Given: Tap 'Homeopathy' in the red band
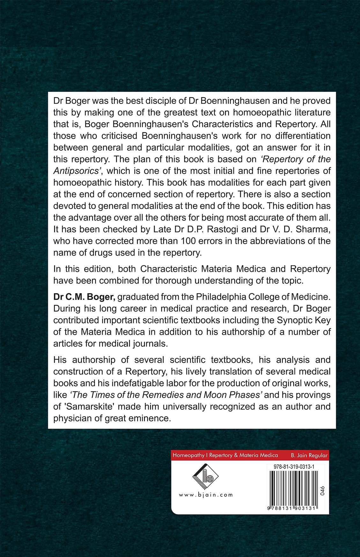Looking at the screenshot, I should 188,455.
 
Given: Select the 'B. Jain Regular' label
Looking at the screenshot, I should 309,455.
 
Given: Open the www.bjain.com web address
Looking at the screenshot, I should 206,495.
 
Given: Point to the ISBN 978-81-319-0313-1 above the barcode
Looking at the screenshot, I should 294,467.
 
